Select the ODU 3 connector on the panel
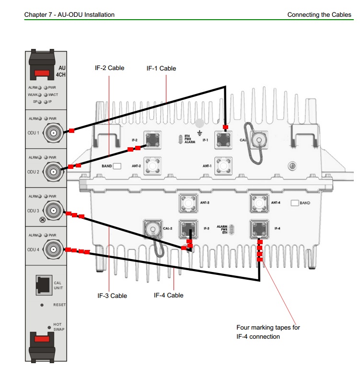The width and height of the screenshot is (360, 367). point(53,210)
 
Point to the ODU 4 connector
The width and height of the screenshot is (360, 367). point(53,249)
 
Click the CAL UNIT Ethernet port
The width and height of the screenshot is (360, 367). point(44,285)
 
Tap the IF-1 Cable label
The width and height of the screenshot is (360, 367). point(161,69)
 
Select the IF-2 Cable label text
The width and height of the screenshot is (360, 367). point(109,68)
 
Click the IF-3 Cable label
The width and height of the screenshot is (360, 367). point(112,296)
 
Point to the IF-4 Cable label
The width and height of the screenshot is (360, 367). point(168,295)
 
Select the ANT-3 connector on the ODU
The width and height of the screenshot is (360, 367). point(188,203)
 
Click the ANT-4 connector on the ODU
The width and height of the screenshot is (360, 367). point(259,203)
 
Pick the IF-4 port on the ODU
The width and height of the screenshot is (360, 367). point(259,228)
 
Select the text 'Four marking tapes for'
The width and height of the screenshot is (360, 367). point(268,328)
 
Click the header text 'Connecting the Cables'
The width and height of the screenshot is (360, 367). point(319,15)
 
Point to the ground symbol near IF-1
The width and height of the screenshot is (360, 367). point(199,131)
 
